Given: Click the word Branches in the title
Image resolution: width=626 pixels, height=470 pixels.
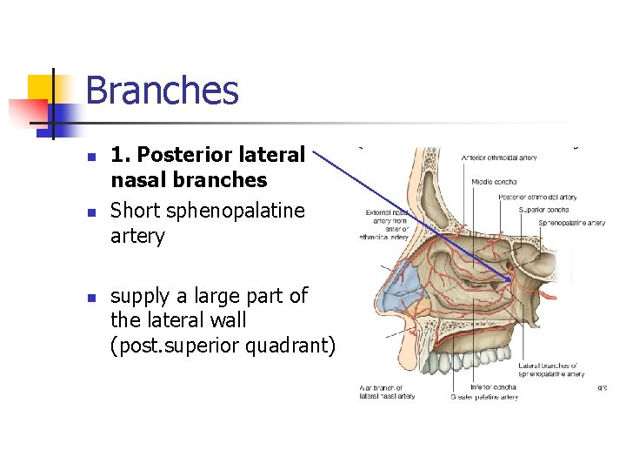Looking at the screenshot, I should click(162, 91).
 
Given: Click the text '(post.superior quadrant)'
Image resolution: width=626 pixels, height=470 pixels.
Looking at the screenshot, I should click(223, 346).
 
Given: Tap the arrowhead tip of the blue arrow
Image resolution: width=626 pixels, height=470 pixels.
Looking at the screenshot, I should click(512, 280).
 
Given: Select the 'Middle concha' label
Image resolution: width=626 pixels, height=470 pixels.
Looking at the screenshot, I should click(494, 181).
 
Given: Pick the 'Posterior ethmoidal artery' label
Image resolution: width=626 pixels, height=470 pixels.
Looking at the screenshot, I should click(537, 198).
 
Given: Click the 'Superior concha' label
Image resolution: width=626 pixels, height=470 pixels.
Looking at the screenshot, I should click(544, 209).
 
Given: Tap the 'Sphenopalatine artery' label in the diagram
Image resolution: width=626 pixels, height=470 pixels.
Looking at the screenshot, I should click(571, 223).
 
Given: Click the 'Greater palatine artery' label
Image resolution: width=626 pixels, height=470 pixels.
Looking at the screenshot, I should click(484, 397).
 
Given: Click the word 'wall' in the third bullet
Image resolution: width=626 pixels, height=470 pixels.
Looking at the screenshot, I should click(226, 321).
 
